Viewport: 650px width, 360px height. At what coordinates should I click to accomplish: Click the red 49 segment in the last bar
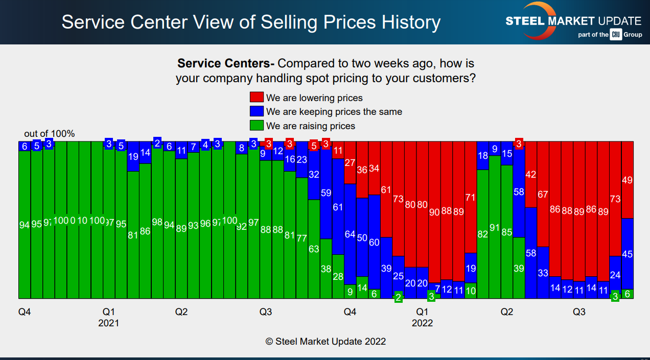point(628,180)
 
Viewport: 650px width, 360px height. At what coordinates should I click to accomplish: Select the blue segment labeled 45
point(628,254)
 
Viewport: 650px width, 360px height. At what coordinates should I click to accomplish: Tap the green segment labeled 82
point(483,234)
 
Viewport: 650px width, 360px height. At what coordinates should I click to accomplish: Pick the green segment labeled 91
point(495,227)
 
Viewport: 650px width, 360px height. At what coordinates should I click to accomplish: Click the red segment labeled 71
point(471,197)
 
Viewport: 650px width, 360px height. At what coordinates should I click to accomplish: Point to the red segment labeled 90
point(434,212)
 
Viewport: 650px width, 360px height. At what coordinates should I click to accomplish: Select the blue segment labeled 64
point(350,234)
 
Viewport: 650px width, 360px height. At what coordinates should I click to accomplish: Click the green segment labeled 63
point(314,249)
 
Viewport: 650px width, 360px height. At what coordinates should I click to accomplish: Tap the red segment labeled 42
point(531,175)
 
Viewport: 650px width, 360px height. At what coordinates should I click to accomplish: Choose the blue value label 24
point(615,275)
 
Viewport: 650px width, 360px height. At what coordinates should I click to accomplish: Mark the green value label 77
point(301,238)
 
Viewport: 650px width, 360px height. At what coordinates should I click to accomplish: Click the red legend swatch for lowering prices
point(257,98)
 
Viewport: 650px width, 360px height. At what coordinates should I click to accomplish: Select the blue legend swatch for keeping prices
point(257,111)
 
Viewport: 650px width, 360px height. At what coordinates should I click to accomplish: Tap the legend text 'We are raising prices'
point(310,126)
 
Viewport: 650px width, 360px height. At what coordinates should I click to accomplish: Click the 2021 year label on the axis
point(108,323)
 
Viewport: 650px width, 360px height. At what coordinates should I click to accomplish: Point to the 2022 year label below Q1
point(422,323)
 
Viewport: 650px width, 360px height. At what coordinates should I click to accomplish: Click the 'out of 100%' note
point(50,134)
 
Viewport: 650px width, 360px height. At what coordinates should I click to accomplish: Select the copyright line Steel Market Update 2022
point(326,341)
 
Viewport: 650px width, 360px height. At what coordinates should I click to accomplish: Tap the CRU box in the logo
point(615,35)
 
